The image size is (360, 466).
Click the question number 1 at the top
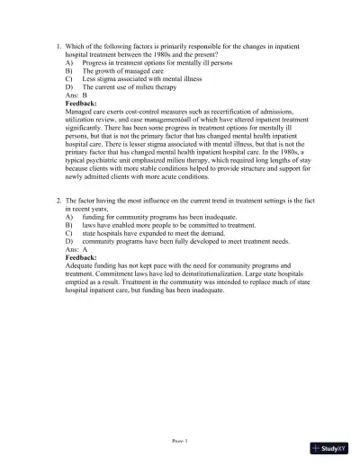coord(58,45)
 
